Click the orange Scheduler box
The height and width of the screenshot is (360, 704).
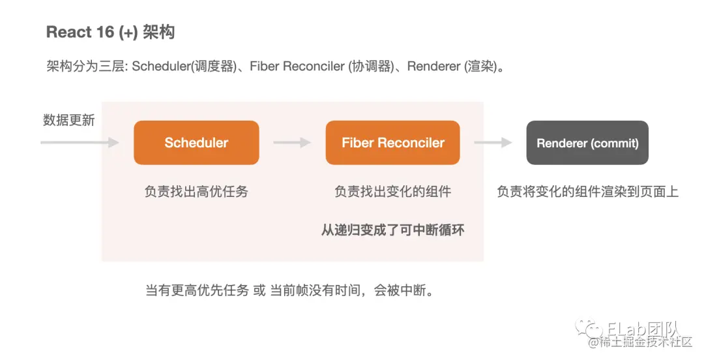pyautogui.click(x=196, y=142)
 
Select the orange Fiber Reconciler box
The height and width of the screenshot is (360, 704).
pyautogui.click(x=392, y=142)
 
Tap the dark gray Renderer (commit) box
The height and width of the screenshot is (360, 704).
pyautogui.click(x=587, y=143)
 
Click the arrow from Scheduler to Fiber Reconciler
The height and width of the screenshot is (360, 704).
pyautogui.click(x=291, y=142)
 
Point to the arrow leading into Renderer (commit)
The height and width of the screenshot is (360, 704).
pyautogui.click(x=492, y=142)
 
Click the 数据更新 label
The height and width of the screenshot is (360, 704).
pyautogui.click(x=69, y=120)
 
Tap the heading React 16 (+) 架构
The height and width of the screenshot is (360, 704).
pyautogui.click(x=110, y=32)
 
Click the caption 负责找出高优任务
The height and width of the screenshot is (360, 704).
pyautogui.click(x=196, y=192)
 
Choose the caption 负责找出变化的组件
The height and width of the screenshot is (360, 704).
pyautogui.click(x=392, y=192)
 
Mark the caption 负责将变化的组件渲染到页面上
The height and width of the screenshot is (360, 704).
pyautogui.click(x=587, y=192)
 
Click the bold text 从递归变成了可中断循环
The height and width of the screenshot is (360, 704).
pyautogui.click(x=392, y=230)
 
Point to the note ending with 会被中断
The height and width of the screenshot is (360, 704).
pyautogui.click(x=289, y=290)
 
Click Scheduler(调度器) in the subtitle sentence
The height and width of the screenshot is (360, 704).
pyautogui.click(x=184, y=67)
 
